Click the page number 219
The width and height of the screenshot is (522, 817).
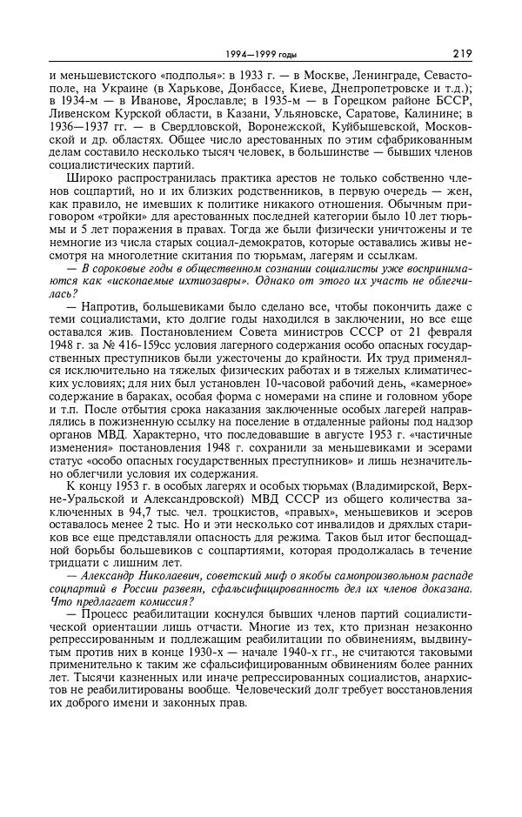(x=462, y=53)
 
